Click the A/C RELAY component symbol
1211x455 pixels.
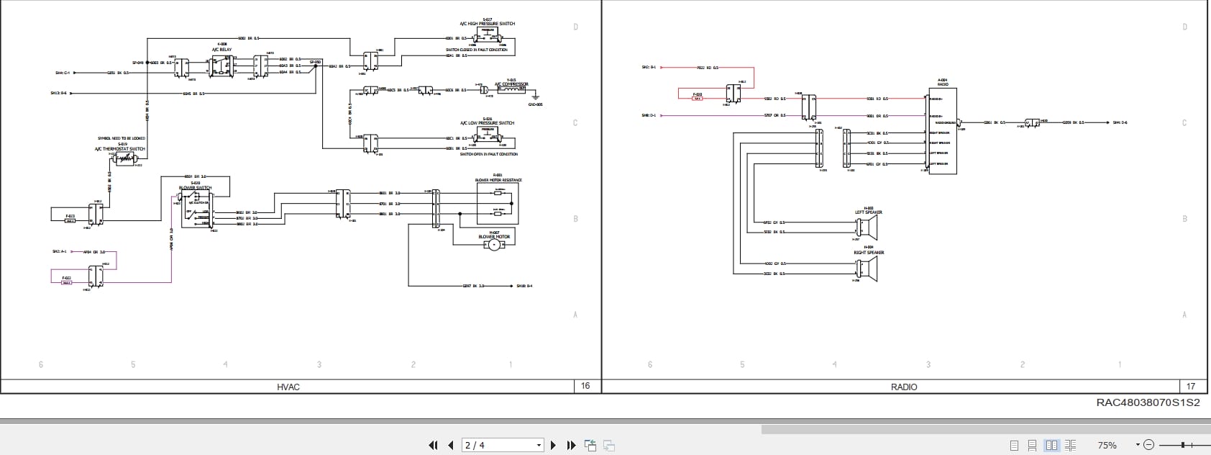[221, 66]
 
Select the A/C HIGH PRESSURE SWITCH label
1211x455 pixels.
[488, 24]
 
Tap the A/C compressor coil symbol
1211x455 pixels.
[510, 91]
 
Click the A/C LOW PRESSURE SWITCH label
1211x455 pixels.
[488, 123]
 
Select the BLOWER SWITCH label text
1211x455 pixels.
[196, 187]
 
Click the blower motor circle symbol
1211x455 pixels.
[494, 245]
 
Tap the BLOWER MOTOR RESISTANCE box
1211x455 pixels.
[498, 202]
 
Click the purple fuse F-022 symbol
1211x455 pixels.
[67, 283]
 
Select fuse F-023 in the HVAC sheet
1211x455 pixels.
[70, 221]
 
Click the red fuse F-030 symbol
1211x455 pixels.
[698, 99]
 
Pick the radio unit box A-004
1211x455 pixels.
[942, 131]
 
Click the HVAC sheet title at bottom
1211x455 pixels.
[288, 387]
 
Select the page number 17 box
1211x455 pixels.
[1190, 387]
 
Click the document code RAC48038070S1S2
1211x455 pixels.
[1148, 403]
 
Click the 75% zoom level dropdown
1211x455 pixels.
[1117, 446]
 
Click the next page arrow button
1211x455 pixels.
[553, 446]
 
